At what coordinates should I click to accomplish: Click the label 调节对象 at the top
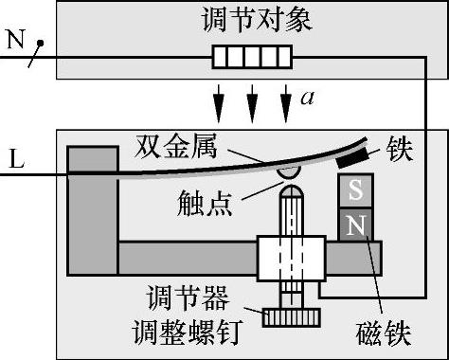pos(257,20)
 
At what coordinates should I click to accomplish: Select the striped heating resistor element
pos(252,57)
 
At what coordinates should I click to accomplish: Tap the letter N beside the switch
pos(16,40)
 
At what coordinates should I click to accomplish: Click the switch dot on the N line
pos(40,43)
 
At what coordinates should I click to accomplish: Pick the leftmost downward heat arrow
pos(219,103)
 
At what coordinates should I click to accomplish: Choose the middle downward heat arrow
pos(252,103)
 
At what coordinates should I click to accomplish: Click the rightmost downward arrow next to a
pos(286,103)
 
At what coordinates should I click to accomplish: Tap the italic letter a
pos(307,98)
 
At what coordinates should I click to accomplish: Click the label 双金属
pos(176,146)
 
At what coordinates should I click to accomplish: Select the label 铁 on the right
pos(400,149)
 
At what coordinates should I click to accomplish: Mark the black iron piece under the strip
pos(352,157)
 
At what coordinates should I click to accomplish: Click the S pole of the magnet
pos(356,190)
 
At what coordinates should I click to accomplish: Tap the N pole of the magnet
pos(356,225)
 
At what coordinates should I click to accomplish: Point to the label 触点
pos(205,203)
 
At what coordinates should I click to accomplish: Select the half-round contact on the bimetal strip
pos(289,172)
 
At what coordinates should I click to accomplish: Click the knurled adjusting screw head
pos(291,317)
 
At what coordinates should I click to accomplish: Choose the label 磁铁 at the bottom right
pos(384,333)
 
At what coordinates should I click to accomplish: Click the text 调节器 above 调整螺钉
pos(188,297)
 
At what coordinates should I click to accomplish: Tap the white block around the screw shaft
pos(291,259)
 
